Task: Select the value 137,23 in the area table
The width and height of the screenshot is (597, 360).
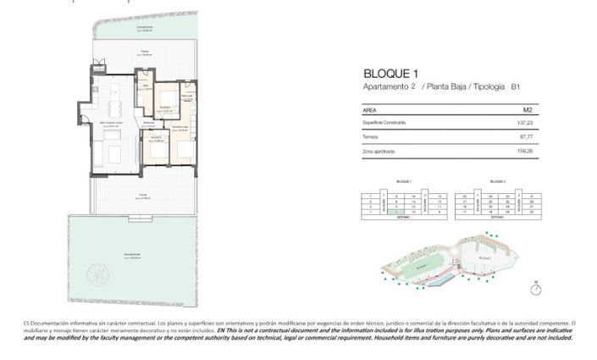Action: pos(527,123)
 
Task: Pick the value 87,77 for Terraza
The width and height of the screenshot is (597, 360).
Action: pos(527,137)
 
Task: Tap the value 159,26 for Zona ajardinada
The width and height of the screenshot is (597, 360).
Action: pos(526,152)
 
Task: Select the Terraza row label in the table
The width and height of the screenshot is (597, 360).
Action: pos(370,137)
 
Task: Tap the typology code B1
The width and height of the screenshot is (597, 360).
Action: pos(515,87)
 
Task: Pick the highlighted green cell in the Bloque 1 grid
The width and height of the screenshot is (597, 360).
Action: pos(397,212)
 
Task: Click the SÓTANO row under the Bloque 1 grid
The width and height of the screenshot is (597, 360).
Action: pos(403,218)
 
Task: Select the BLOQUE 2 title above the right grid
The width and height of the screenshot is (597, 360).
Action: pos(498,181)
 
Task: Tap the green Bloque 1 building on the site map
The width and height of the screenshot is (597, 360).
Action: pos(421,265)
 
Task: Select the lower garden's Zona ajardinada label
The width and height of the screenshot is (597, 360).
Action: pos(130,253)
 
